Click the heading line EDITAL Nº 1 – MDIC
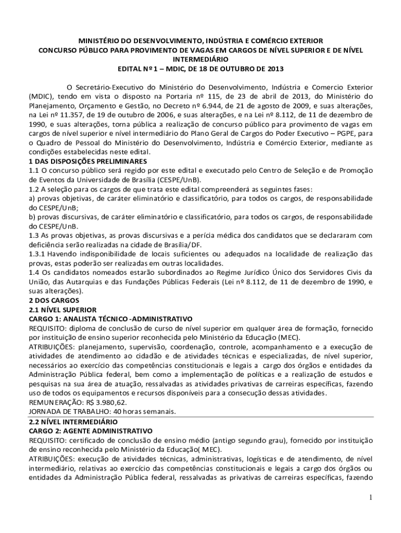pos(200,69)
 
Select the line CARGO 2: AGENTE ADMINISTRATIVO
pos(90,431)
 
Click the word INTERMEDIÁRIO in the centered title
pos(200,59)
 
